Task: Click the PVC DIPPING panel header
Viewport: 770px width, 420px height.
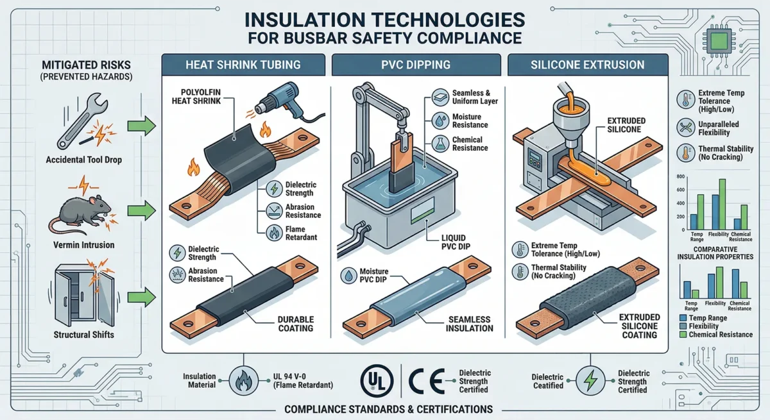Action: (416, 65)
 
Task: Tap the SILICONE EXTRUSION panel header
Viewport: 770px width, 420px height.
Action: (588, 65)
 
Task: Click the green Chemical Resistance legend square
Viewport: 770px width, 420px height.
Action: (683, 335)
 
